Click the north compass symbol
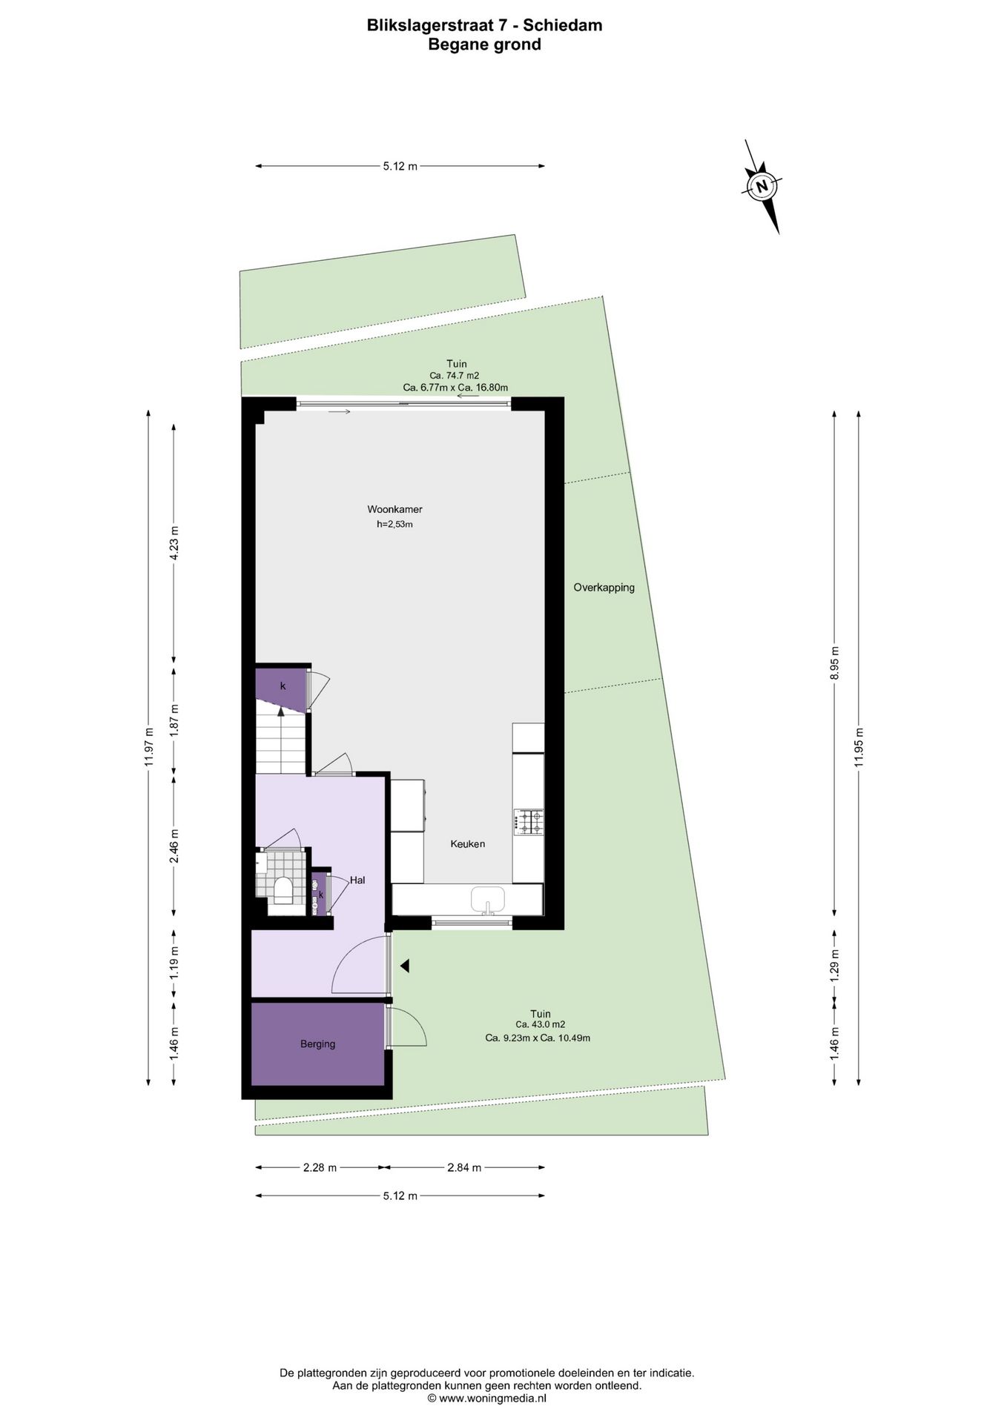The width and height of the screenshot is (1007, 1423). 762,186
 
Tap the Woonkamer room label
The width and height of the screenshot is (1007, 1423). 394,509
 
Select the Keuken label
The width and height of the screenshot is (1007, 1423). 468,843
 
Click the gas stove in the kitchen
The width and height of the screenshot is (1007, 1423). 528,822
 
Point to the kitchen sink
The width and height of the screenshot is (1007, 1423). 488,900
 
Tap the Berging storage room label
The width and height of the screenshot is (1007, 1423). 317,1044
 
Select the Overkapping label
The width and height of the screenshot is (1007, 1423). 604,588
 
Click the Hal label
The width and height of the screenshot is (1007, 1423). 357,880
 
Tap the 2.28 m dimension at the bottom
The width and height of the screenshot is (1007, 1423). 320,1167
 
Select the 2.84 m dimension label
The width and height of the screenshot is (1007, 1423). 464,1167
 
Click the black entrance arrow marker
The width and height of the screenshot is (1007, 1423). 404,966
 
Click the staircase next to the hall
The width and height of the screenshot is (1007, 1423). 282,741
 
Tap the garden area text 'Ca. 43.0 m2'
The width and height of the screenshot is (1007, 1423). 541,1025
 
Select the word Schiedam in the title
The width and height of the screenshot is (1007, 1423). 563,25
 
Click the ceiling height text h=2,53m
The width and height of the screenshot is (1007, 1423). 394,524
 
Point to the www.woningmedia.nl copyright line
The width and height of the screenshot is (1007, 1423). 486,1398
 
